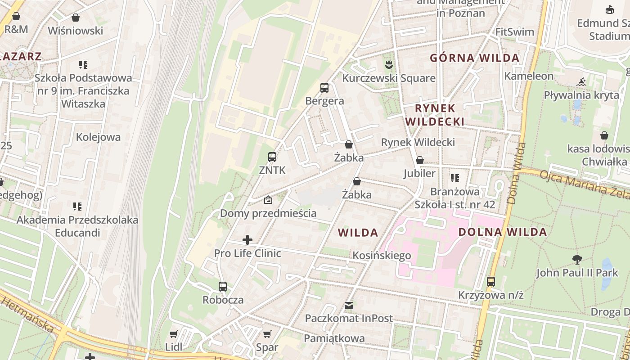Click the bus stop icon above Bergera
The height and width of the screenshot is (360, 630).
coord(324,88)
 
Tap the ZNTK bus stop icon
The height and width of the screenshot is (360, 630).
coord(272,157)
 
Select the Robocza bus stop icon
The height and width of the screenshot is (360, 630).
coord(223,287)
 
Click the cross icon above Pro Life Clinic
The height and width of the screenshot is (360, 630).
coord(247,240)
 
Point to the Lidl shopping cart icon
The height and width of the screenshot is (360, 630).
coord(174,334)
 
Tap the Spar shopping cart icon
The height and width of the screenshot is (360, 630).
coord(267,334)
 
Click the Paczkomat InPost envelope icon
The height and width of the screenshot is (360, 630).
coord(349,306)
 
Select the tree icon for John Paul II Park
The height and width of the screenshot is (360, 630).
coord(577,259)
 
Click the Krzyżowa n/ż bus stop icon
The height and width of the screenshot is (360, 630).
coord(491,282)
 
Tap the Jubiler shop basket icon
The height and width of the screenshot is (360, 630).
coord(420,160)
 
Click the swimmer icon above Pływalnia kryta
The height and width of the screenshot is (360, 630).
coord(581,82)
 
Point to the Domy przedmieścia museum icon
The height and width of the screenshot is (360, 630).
coord(268,200)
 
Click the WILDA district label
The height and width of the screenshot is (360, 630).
coord(358,233)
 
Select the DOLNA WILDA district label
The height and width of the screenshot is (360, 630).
coord(502,232)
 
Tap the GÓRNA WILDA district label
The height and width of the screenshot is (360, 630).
coord(475,58)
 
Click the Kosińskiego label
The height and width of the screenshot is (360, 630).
coord(382,256)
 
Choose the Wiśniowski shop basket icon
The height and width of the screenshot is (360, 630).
coord(76,18)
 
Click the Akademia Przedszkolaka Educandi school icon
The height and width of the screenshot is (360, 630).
coord(77,207)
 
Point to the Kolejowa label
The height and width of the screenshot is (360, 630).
coord(99,137)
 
